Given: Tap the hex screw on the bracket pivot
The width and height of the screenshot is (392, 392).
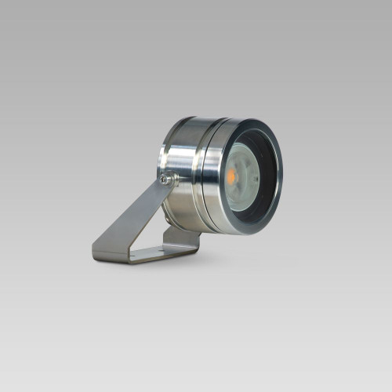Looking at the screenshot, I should click(x=165, y=180).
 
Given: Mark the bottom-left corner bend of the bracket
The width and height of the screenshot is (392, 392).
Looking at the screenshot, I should click(x=96, y=254).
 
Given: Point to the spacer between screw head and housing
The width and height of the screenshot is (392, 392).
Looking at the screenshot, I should click(x=171, y=182).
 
